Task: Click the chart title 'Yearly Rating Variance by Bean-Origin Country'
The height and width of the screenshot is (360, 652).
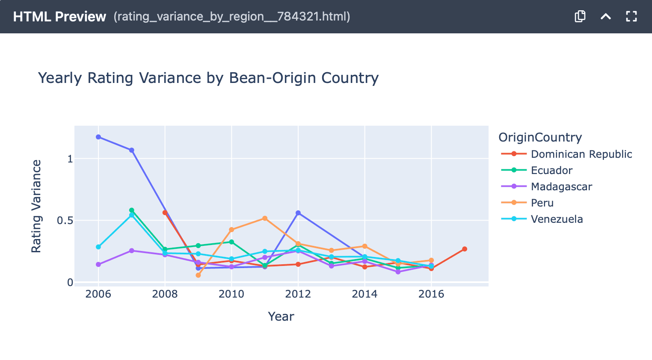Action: tap(208, 78)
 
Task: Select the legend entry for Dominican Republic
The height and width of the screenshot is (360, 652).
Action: tap(581, 154)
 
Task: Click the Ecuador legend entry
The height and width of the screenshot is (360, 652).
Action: tap(551, 171)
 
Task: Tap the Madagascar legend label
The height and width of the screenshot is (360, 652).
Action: tap(561, 187)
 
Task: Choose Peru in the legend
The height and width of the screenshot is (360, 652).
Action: tap(542, 203)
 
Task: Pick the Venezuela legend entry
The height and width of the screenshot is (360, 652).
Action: tap(556, 219)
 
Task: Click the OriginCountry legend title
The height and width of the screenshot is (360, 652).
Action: tap(540, 137)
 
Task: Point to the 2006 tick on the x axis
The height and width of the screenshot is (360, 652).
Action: tap(98, 294)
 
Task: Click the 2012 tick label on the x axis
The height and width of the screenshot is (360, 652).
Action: tap(298, 294)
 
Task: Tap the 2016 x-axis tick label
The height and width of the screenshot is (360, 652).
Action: tap(431, 294)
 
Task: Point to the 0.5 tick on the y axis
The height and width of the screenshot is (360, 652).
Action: tap(65, 221)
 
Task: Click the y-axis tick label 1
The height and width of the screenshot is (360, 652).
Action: tap(70, 159)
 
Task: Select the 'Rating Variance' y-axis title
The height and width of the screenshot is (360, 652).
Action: tap(36, 206)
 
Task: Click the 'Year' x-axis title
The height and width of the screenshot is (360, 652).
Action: tap(281, 316)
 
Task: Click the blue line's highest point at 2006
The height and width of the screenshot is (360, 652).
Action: tap(98, 137)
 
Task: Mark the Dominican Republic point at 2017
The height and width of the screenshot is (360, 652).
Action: tap(465, 249)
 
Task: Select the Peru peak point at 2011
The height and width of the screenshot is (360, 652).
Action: tap(265, 218)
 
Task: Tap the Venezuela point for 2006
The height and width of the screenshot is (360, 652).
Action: tap(98, 247)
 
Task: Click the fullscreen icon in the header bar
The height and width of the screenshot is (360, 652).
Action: tap(631, 17)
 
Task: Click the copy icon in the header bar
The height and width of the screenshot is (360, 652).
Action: tap(580, 17)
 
